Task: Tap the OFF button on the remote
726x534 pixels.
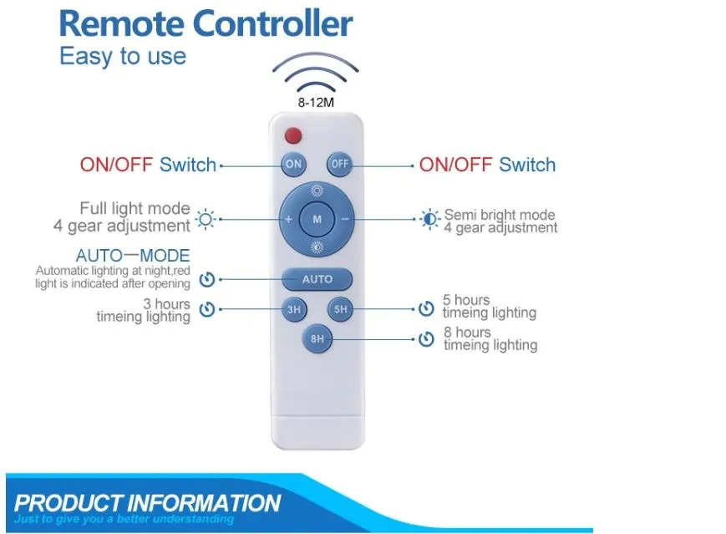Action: click(339, 164)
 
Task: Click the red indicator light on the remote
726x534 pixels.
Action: click(293, 135)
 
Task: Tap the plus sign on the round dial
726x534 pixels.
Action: click(288, 219)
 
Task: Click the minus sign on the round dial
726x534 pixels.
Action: click(345, 219)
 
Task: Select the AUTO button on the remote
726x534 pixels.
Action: click(317, 279)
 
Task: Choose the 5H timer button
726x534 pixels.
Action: click(340, 309)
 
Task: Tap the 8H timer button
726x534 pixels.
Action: click(317, 339)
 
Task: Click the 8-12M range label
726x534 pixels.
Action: click(316, 102)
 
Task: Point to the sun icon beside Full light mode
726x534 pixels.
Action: click(206, 219)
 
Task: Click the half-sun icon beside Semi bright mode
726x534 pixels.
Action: click(429, 219)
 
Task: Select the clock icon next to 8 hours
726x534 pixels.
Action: click(426, 339)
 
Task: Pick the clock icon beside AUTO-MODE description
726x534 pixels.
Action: click(207, 279)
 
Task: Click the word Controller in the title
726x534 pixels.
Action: click(272, 23)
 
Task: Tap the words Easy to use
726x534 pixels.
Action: click(123, 56)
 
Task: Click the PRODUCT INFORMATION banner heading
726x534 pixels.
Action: click(148, 502)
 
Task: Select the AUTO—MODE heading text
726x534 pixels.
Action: click(133, 255)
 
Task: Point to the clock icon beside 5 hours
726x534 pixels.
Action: click(426, 309)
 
